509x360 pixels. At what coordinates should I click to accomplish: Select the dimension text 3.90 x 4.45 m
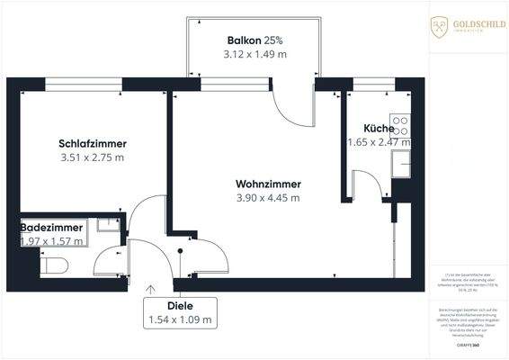coord(268,198)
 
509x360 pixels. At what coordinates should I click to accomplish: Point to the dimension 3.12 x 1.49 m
coord(254,55)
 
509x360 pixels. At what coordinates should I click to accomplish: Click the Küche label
coord(379,128)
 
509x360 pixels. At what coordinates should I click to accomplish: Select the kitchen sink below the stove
coord(402,164)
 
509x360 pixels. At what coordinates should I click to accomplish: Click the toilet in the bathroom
coord(54,265)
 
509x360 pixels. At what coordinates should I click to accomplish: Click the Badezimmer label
coord(52,229)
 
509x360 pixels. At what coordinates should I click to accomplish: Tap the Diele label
coord(181,306)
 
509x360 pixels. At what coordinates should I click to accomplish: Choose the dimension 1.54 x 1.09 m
coord(181,319)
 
